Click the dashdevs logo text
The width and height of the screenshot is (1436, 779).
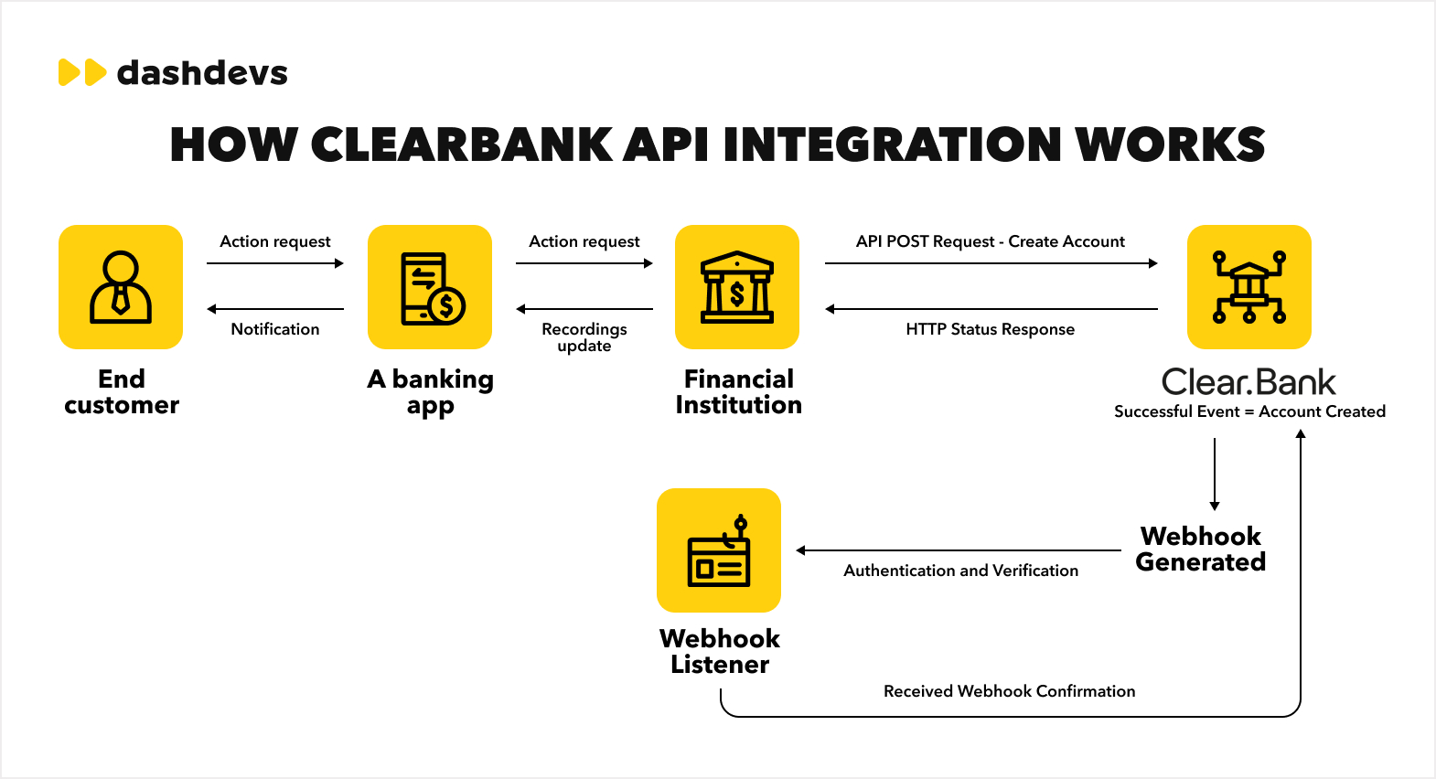202,73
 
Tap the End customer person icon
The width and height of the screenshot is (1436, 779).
121,287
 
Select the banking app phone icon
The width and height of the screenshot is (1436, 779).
430,287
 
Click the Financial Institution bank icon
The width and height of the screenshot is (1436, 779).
737,287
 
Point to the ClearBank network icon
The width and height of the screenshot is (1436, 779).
1249,287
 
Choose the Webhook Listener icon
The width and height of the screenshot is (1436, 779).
719,550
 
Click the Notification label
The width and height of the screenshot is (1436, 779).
275,329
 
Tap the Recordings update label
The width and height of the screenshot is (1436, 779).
584,336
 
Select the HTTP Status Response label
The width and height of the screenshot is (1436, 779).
991,329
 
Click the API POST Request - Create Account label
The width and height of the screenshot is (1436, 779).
991,241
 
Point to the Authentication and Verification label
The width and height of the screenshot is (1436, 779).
960,571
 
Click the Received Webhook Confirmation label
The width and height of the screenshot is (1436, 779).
1009,691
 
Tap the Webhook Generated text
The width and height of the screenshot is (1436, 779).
1201,549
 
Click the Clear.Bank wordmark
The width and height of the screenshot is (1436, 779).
1248,382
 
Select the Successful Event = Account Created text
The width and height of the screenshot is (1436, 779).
1249,411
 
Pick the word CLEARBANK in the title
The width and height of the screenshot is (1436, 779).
462,145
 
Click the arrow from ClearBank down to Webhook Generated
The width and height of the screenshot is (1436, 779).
1215,474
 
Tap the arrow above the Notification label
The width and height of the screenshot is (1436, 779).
275,309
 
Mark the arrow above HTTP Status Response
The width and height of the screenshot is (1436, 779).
991,309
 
